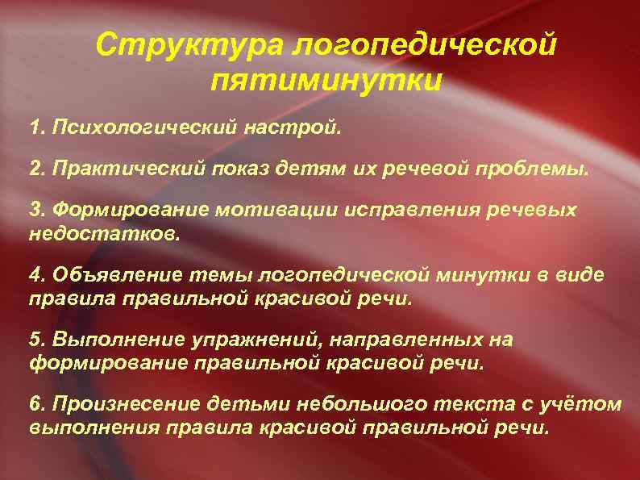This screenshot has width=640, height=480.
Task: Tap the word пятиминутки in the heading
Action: (x=326, y=81)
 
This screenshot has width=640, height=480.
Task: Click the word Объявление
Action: (x=103, y=274)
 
